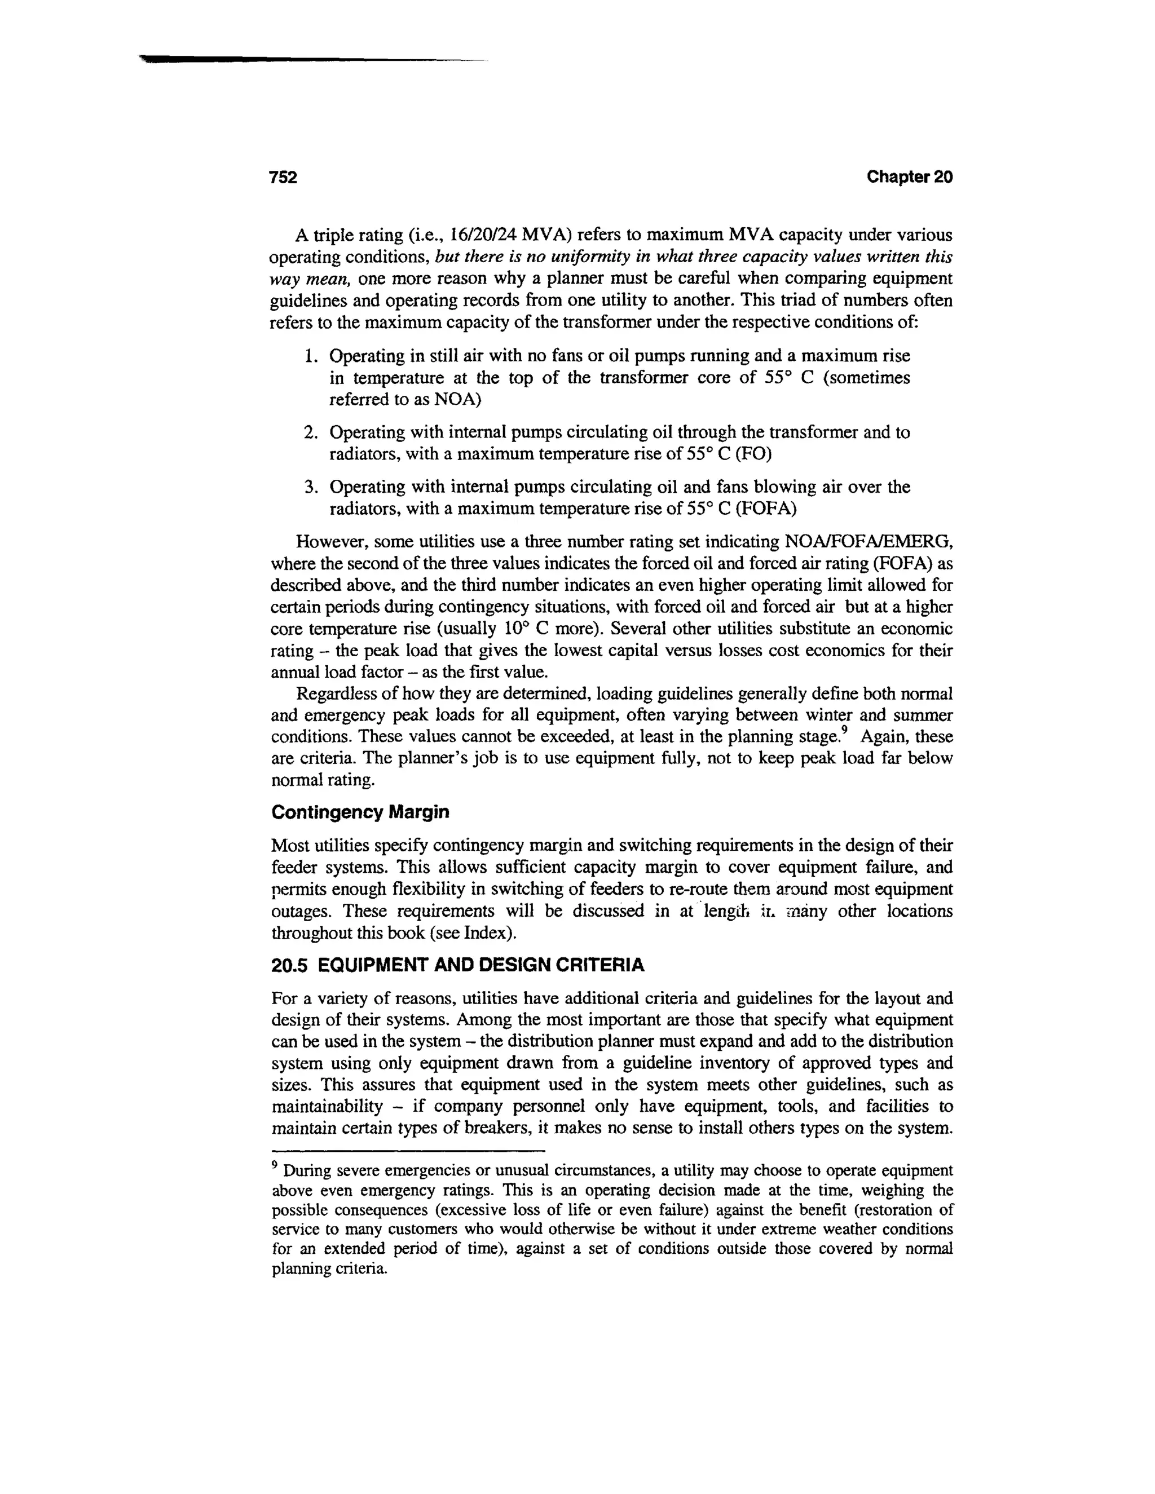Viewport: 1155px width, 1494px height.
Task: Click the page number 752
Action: pyautogui.click(x=283, y=177)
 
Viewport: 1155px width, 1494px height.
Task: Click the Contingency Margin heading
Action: pyautogui.click(x=360, y=812)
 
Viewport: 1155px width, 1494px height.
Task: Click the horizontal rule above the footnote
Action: pyautogui.click(x=408, y=1151)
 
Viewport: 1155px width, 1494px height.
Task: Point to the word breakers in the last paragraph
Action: pyautogui.click(x=497, y=1128)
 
